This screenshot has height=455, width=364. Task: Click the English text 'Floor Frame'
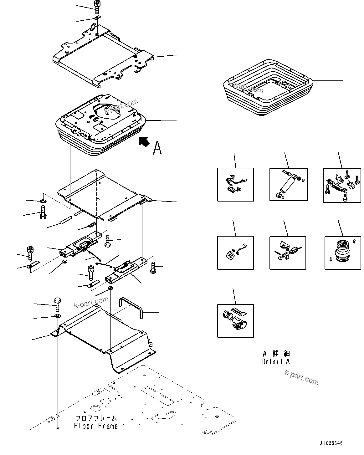click(96, 426)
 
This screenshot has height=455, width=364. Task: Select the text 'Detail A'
click(276, 361)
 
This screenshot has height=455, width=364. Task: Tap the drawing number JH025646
click(331, 443)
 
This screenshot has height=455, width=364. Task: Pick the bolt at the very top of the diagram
click(97, 5)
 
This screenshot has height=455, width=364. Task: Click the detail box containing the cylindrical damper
click(288, 184)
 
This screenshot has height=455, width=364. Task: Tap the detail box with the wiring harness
click(235, 184)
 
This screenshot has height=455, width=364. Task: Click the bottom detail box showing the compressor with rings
click(235, 321)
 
